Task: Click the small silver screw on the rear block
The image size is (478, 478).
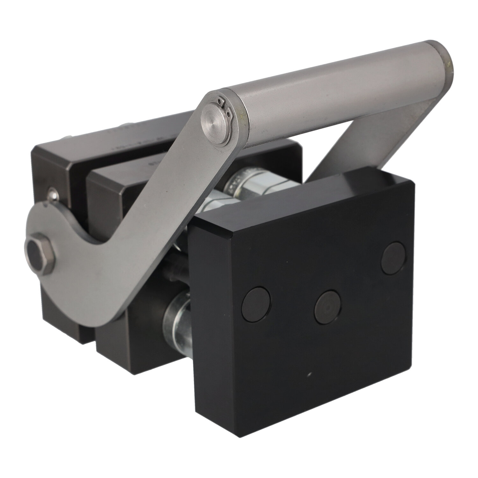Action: pyautogui.click(x=52, y=192)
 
